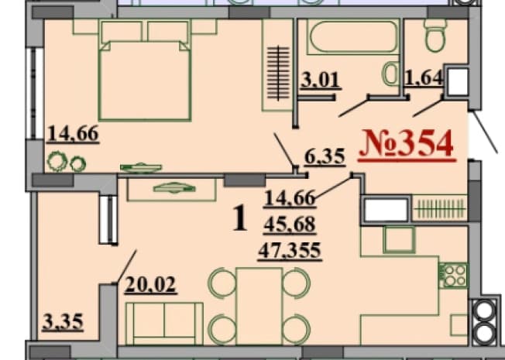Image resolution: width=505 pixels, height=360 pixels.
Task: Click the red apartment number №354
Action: (407, 144)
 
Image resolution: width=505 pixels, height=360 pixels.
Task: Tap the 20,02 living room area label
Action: (150, 285)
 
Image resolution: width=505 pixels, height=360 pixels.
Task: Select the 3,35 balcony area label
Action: (64, 322)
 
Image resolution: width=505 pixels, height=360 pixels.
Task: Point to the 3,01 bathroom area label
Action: (319, 80)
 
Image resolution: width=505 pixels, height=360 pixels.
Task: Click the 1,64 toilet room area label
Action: (424, 77)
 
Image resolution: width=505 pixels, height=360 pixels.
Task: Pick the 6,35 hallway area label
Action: (325, 157)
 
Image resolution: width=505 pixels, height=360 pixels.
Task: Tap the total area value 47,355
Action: (290, 251)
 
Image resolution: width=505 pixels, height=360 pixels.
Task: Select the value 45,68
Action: (290, 224)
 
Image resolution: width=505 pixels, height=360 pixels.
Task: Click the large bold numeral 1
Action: (240, 218)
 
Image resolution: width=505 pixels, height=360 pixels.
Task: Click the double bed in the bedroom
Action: (145, 71)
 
